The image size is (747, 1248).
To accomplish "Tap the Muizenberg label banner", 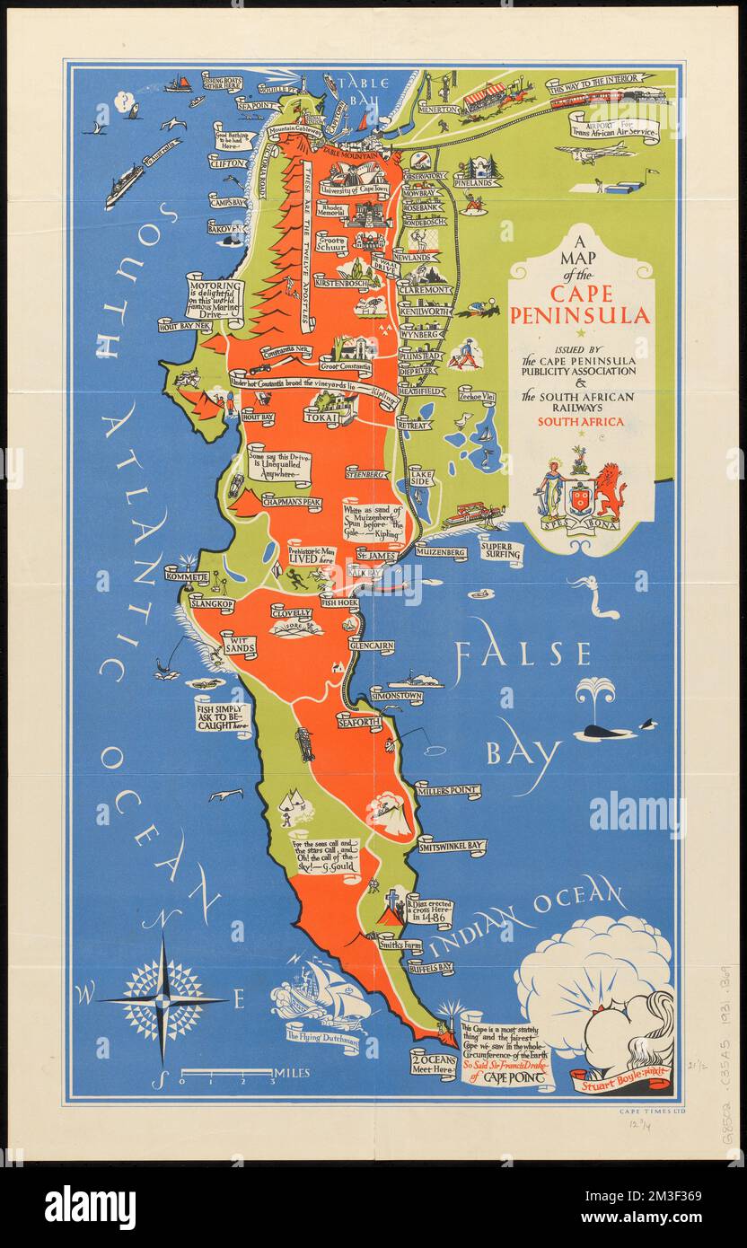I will pos(440,551).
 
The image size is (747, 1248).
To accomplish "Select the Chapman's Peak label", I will pos(291,502).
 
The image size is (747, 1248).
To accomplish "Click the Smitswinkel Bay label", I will pos(452,846).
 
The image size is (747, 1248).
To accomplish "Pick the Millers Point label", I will pos(447,791).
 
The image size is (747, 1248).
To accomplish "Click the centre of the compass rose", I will pos(163,998).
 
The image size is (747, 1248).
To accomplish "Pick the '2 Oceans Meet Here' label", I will pos(433,1062).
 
